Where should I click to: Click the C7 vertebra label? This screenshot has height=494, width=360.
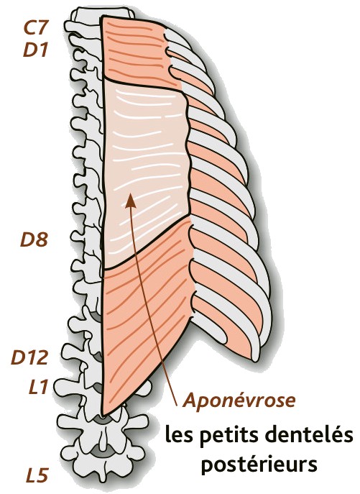35,27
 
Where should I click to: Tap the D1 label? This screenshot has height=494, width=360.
35,50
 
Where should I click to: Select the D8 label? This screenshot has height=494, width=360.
34,239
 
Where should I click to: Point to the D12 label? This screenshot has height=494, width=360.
29,357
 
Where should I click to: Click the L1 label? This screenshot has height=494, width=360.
38,387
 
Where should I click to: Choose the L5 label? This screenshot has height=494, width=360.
37,475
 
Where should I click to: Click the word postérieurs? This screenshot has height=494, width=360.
259,466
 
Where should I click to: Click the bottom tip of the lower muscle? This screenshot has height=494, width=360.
103,414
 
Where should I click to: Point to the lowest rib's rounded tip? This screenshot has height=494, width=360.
255,357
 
